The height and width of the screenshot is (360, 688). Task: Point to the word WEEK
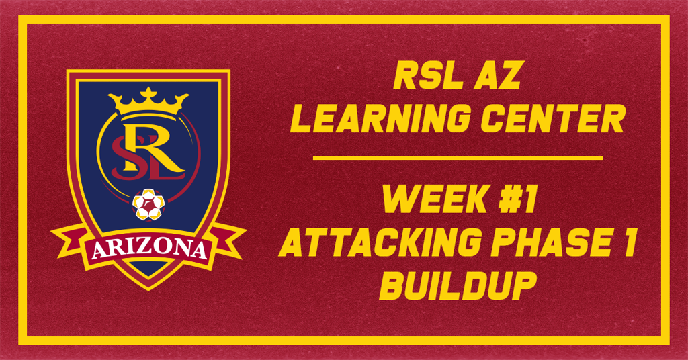(423, 199)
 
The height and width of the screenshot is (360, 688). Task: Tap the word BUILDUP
(458, 285)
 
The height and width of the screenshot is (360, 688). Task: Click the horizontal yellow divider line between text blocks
(458, 158)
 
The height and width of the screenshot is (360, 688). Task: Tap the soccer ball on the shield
(148, 204)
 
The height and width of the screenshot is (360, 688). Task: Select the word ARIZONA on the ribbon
(148, 250)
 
